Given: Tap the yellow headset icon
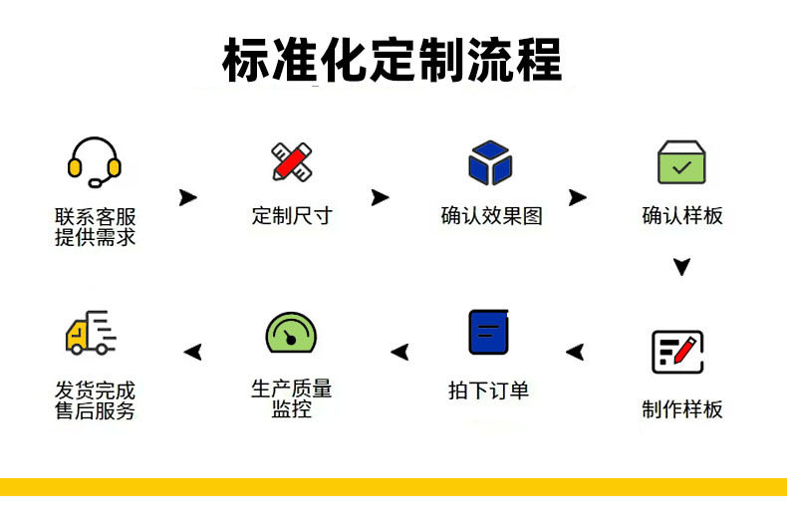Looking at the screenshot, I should (x=95, y=162).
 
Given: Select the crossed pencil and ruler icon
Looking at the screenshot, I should (x=292, y=161).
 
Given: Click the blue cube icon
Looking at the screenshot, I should (x=490, y=162).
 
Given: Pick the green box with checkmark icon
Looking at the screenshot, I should (x=681, y=162).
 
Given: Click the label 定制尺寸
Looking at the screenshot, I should (x=292, y=215).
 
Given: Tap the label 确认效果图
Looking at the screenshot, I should (x=491, y=215).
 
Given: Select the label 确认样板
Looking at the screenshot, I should (x=682, y=215).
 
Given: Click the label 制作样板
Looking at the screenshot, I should (x=682, y=408).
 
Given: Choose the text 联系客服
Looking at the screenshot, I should (x=96, y=216).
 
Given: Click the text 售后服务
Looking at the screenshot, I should (x=96, y=410).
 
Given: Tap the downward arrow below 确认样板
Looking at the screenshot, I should (x=681, y=267).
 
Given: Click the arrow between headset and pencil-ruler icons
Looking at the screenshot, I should (x=187, y=197).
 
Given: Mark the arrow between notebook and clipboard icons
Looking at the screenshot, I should (x=575, y=351).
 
